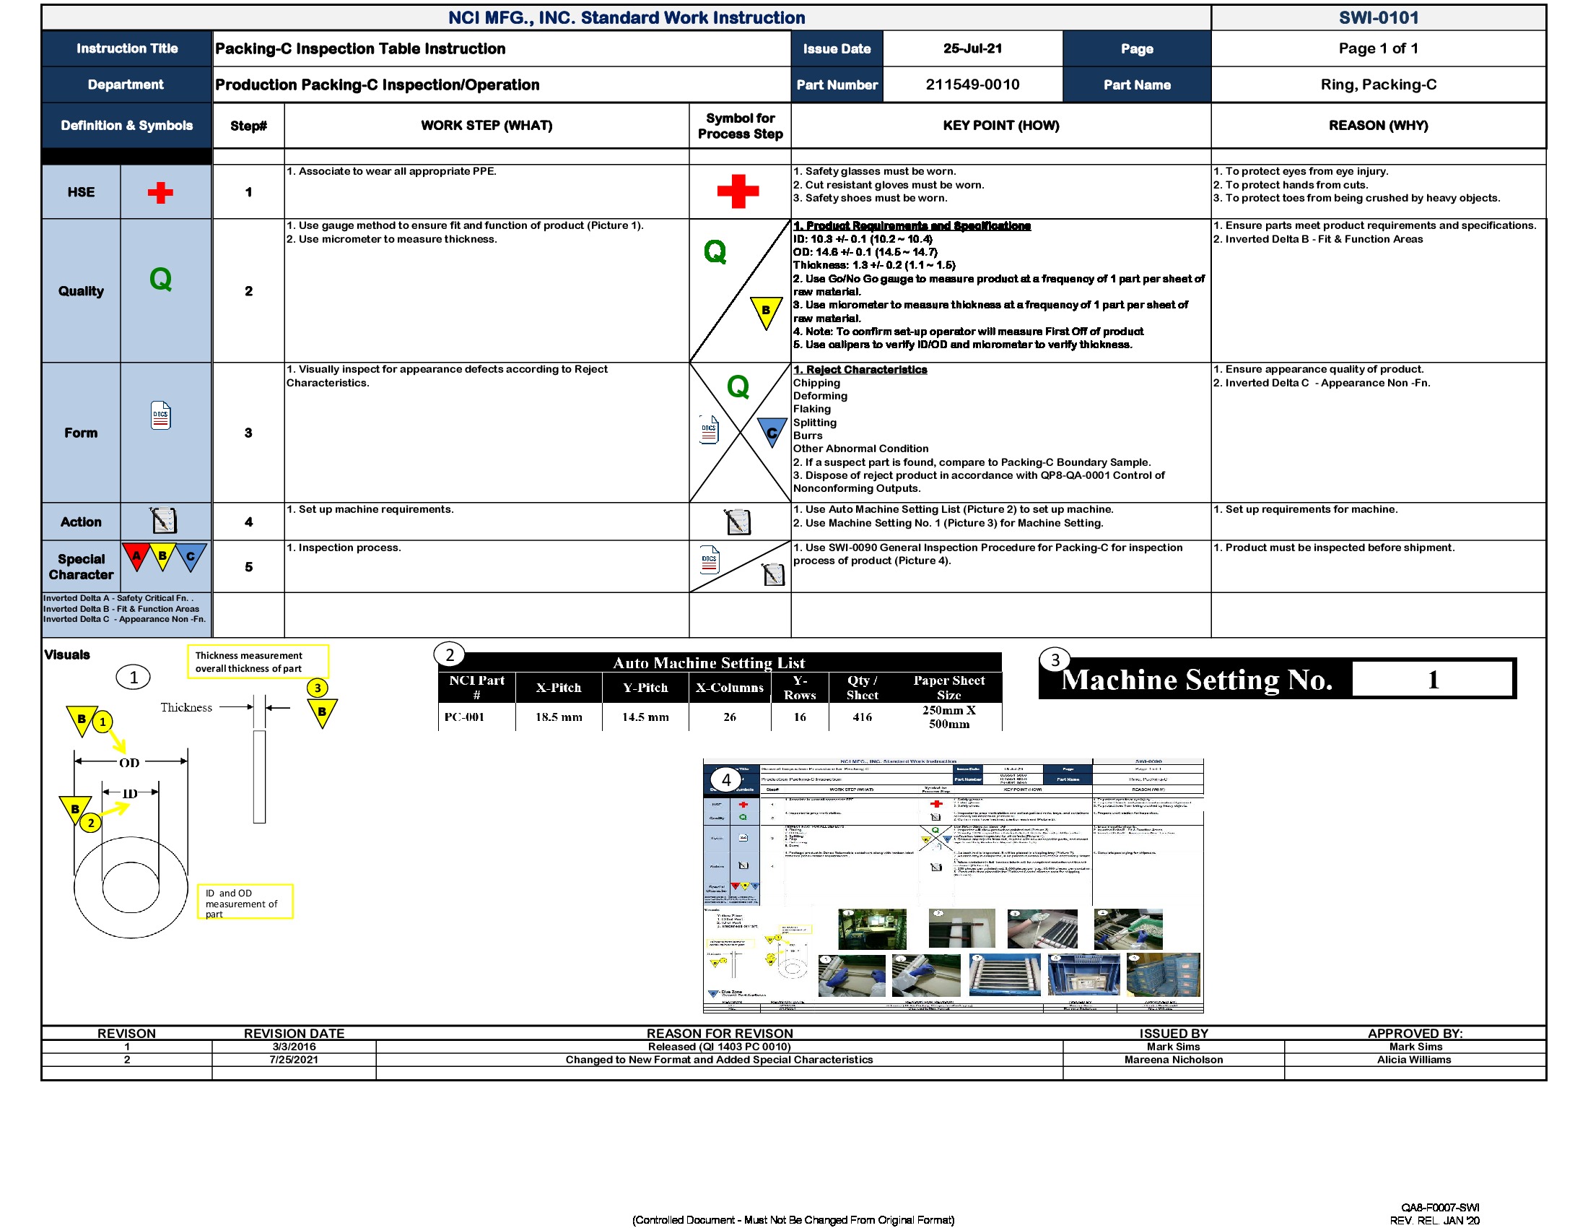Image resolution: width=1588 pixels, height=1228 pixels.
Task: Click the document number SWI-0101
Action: [1378, 17]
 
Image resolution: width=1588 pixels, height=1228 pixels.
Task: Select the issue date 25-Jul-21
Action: [972, 48]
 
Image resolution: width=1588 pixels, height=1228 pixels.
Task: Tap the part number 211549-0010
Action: [972, 85]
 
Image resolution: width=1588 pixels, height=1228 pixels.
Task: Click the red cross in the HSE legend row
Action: [160, 193]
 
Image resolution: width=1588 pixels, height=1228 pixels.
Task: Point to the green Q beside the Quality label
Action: [161, 280]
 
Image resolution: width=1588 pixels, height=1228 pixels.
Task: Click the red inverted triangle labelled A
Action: [136, 556]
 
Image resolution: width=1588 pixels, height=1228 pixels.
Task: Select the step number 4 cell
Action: [249, 522]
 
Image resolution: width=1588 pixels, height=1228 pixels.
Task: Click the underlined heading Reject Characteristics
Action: [860, 370]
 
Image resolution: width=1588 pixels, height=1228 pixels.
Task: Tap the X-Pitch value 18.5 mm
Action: [559, 717]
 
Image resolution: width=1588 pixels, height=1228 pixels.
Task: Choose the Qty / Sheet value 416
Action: [862, 717]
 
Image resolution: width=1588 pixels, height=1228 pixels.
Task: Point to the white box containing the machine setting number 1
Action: [1431, 680]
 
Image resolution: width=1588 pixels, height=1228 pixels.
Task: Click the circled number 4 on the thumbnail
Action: [725, 780]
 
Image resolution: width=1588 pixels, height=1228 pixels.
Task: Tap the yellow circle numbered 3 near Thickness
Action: [317, 688]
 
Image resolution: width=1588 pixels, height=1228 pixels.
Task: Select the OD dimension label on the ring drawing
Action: [129, 762]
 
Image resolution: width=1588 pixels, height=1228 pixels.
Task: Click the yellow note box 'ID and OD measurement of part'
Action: [245, 902]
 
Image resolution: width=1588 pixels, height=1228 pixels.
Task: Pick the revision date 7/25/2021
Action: [294, 1060]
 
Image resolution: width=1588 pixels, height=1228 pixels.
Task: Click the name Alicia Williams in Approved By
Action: [1413, 1060]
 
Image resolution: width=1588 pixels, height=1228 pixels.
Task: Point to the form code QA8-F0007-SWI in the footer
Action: [1440, 1208]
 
